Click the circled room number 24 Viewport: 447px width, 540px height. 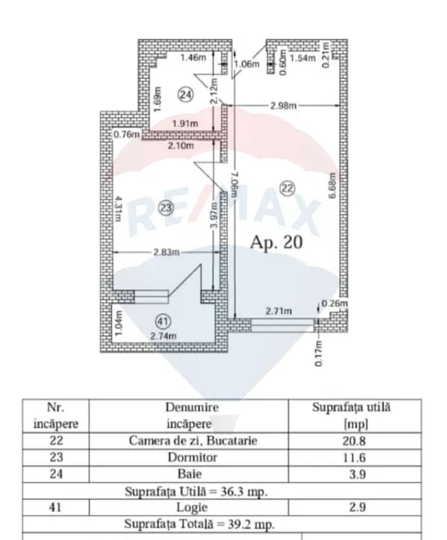click(186, 94)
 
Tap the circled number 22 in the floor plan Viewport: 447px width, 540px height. click(288, 189)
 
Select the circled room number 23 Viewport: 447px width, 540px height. click(166, 207)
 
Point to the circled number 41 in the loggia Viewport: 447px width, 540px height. click(163, 321)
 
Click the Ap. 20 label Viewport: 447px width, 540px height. click(276, 242)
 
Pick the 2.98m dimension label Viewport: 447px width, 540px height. click(283, 106)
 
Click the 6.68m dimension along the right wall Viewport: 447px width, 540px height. click(332, 185)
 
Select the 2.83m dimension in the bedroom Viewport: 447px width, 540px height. click(167, 252)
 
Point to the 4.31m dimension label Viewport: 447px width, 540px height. click(118, 209)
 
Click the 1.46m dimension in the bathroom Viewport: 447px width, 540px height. click(193, 57)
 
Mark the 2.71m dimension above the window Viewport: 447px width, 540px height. click(279, 311)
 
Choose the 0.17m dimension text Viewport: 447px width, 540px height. click(319, 354)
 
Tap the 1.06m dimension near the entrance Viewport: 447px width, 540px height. click(247, 64)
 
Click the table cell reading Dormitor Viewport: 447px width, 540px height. click(193, 457)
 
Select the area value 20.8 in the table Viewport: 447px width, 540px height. click(354, 441)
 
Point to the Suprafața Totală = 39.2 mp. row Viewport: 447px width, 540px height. click(199, 525)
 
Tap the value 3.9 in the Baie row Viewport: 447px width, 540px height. click(358, 474)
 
